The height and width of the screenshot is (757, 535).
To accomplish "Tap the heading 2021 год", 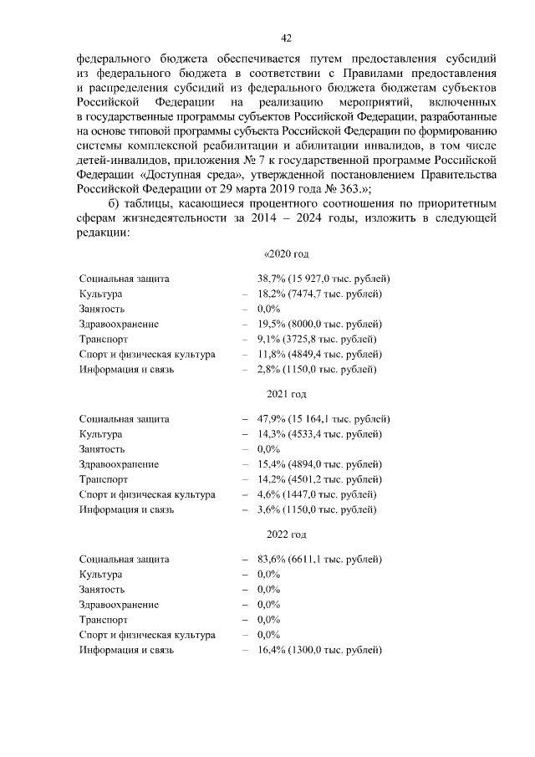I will point(287,394).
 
